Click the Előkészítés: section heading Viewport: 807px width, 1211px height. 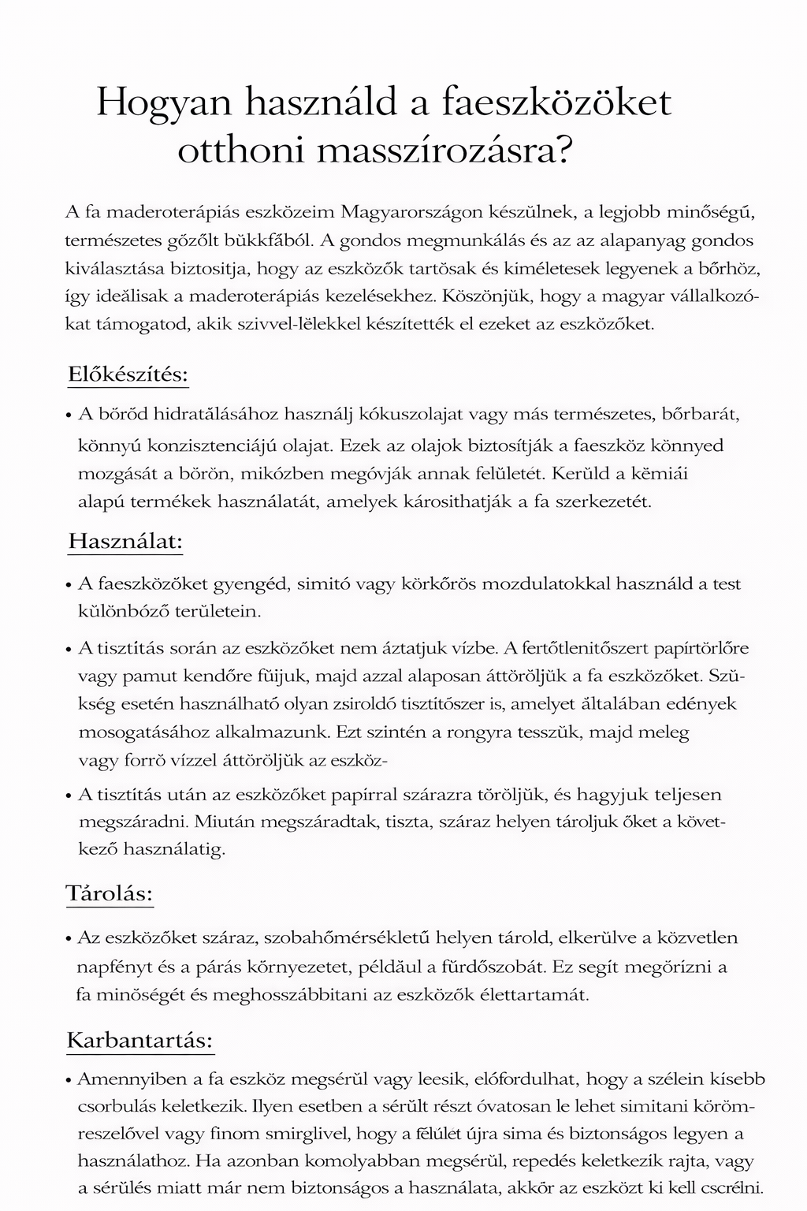coord(128,374)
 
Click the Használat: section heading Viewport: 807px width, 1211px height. coord(125,542)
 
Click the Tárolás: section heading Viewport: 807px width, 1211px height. coord(109,894)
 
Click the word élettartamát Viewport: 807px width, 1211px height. coord(532,994)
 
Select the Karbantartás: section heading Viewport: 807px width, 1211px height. coord(140,1040)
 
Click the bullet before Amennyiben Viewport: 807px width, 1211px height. coord(69,1080)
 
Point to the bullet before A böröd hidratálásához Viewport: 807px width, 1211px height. coord(69,415)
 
